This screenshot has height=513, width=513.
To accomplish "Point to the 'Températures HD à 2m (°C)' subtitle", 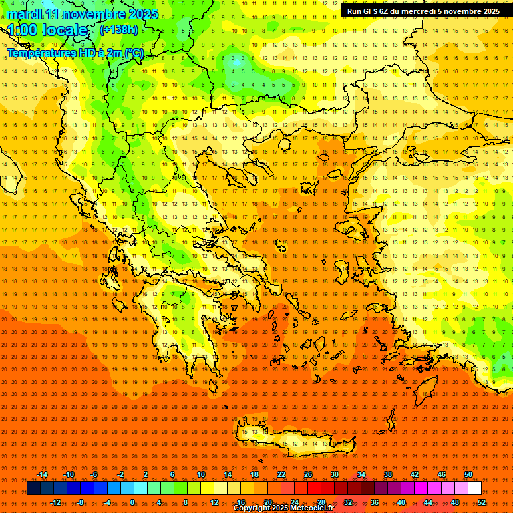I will coord(75,53).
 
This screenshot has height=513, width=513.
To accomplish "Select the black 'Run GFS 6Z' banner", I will coord(423,11).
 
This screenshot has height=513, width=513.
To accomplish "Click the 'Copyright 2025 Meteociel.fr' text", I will coord(283,508).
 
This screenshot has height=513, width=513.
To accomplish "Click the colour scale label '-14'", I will coord(43,474).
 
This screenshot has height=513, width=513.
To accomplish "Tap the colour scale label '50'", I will coord(468,474).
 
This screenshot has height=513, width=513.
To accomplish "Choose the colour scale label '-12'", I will coord(56,502).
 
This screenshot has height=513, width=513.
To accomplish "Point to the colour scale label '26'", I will coord(308,474).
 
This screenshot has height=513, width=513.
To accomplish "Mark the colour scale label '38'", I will coord(388,474).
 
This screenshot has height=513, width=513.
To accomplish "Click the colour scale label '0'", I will coord(132,502).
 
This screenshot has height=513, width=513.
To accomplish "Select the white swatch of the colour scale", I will coord(475,488).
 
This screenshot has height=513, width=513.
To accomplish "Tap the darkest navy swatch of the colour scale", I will coord(33,488).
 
